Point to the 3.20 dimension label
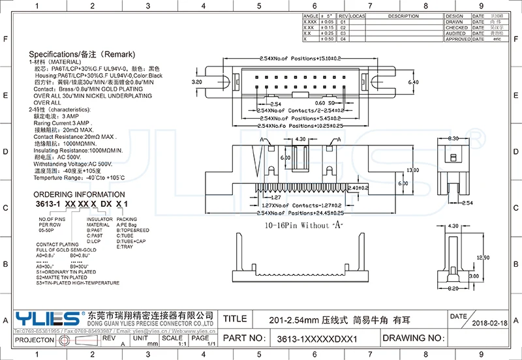pyautogui.click(x=196, y=83)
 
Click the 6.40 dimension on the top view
pyautogui.click(x=412, y=83)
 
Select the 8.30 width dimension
pyautogui.click(x=454, y=140)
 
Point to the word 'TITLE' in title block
pyautogui.click(x=235, y=319)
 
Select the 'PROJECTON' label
pyautogui.click(x=34, y=340)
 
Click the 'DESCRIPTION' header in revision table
pyautogui.click(x=403, y=16)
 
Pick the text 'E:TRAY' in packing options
pyautogui.click(x=126, y=247)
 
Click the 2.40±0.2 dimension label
pyautogui.click(x=358, y=187)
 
